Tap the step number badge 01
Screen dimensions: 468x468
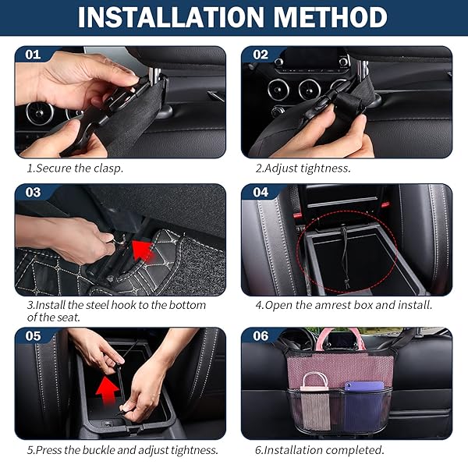(33, 55)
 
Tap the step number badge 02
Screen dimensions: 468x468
(260, 55)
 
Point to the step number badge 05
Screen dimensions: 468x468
(33, 336)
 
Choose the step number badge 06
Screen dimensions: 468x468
(260, 336)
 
